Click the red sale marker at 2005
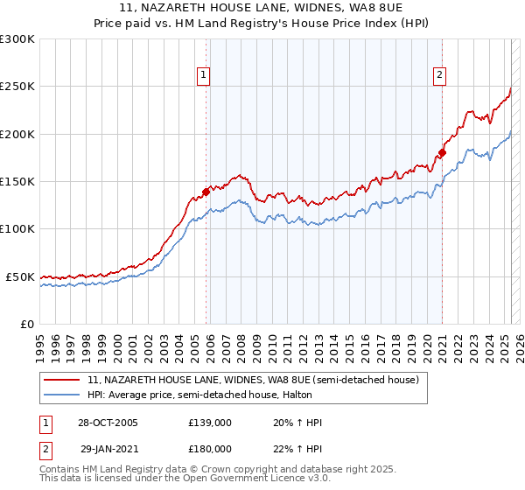click(206, 191)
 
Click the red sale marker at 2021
click(443, 152)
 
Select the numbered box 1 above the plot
click(203, 76)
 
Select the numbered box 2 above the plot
click(438, 76)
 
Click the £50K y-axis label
click(20, 276)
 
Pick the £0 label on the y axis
click(26, 324)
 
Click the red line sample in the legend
click(62, 380)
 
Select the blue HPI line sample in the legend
click(62, 395)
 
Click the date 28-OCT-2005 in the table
click(108, 423)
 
